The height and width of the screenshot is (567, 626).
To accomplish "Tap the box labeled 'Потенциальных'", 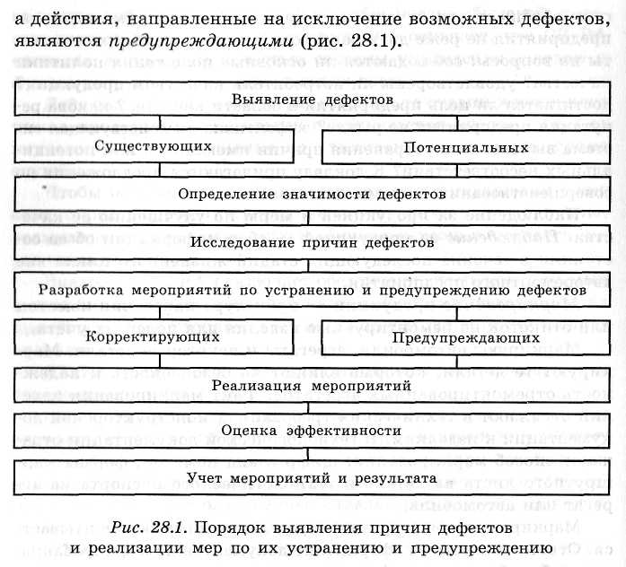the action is point(463,145).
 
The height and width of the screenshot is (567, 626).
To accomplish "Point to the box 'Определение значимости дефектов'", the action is point(312,194).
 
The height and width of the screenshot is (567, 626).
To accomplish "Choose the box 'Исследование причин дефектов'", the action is point(312,241).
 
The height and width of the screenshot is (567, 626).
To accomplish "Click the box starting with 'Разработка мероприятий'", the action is point(312,290).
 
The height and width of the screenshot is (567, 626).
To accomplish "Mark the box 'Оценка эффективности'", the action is point(312,432).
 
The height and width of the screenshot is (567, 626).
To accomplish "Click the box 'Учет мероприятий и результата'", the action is point(312,479).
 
